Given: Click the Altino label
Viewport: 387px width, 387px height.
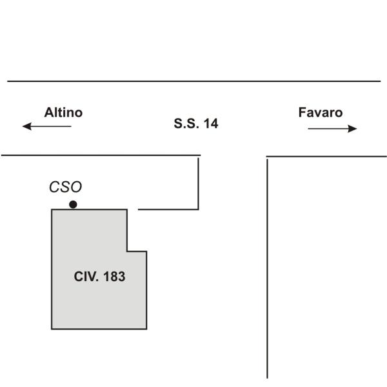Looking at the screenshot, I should point(63,112).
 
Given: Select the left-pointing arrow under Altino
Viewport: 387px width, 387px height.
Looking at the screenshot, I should point(46,126).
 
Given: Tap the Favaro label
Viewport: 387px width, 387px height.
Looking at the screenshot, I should point(320,112).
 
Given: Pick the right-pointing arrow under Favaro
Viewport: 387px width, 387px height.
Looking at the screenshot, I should point(332,128).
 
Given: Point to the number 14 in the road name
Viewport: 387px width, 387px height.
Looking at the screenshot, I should point(211,123).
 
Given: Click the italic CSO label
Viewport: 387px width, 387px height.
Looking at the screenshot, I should point(66,187).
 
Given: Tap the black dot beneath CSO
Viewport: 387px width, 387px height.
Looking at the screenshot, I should point(73,204).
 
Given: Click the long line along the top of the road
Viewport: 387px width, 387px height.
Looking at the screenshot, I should point(193,81).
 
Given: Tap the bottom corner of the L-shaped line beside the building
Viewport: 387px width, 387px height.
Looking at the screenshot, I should point(198,209).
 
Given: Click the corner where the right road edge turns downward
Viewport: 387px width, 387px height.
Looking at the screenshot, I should point(268,157).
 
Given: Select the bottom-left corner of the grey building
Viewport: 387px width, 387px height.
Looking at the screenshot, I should point(52,328).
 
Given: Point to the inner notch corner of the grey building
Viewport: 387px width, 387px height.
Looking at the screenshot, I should point(127,251).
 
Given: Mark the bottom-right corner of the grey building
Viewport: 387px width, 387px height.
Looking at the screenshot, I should point(146,328).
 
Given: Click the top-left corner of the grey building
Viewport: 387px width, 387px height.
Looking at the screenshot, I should point(52,210).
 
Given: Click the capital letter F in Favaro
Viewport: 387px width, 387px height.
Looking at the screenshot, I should point(302,112).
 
